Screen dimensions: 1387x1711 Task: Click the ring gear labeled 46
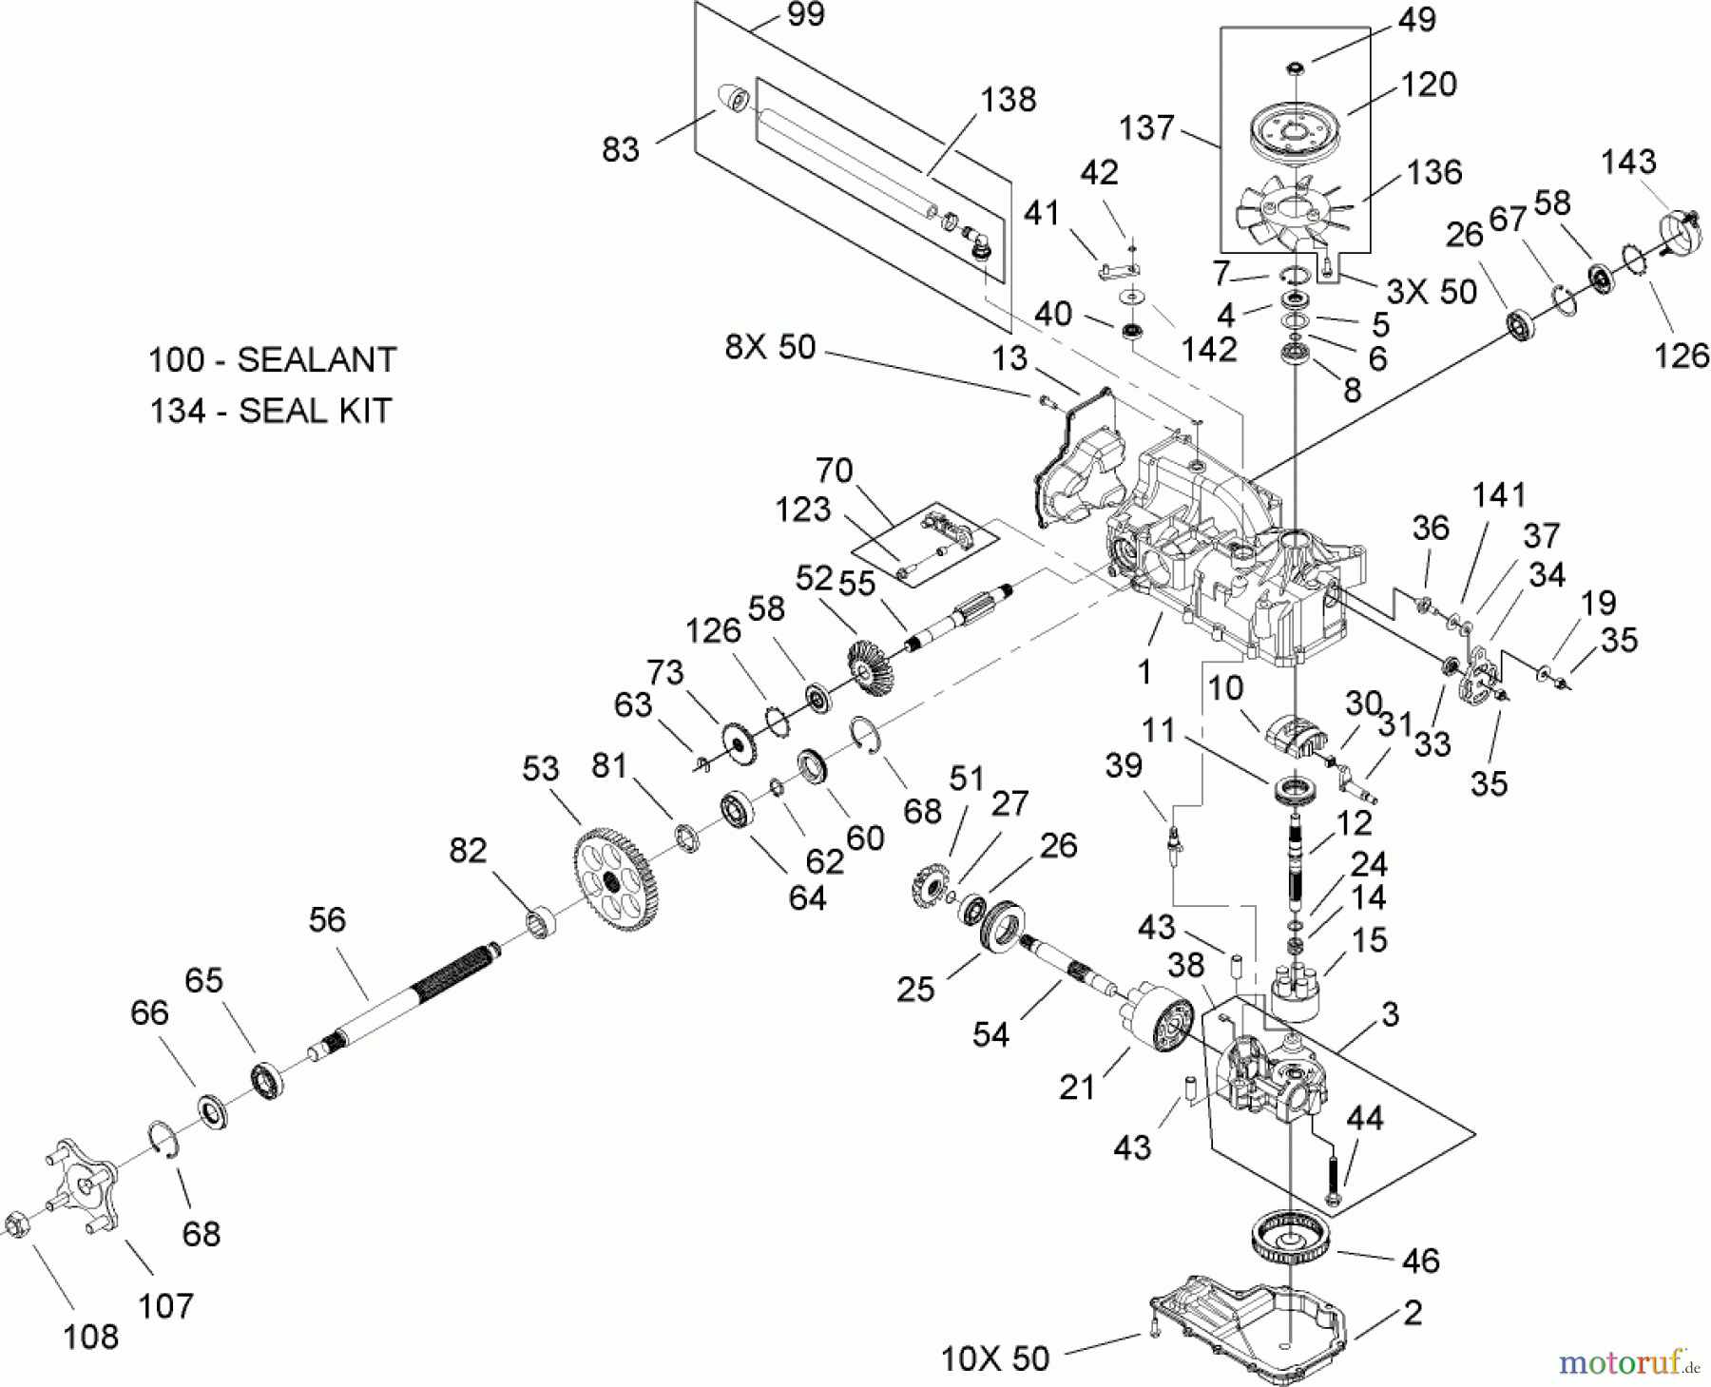pos(1291,1235)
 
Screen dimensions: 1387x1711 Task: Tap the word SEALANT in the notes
pos(317,360)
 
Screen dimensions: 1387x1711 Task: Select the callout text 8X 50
pos(770,347)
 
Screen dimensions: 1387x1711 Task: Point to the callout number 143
pos(1627,162)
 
